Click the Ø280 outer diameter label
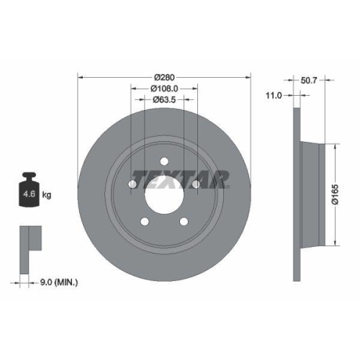pos(163,78)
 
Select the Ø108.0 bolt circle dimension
pos(163,89)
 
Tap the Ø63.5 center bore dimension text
pos(165,100)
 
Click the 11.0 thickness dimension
pos(274,94)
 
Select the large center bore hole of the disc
pos(164,192)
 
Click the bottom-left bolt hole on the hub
pos(145,220)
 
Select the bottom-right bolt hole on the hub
pos(184,220)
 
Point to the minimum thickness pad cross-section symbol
pos(30,238)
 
